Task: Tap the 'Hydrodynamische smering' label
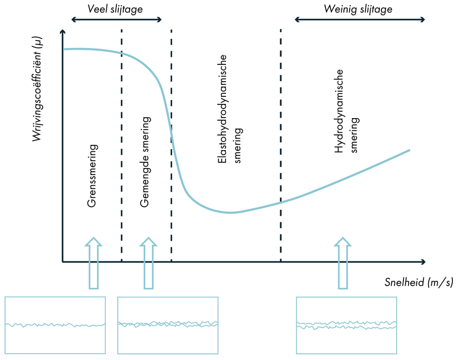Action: [347, 112]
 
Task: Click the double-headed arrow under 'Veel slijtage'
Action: [117, 20]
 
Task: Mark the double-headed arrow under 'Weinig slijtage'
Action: [359, 20]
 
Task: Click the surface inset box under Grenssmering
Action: [55, 325]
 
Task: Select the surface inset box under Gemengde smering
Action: [167, 325]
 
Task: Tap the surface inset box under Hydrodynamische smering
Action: [346, 325]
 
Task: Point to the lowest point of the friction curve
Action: [230, 212]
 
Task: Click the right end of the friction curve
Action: [409, 151]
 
